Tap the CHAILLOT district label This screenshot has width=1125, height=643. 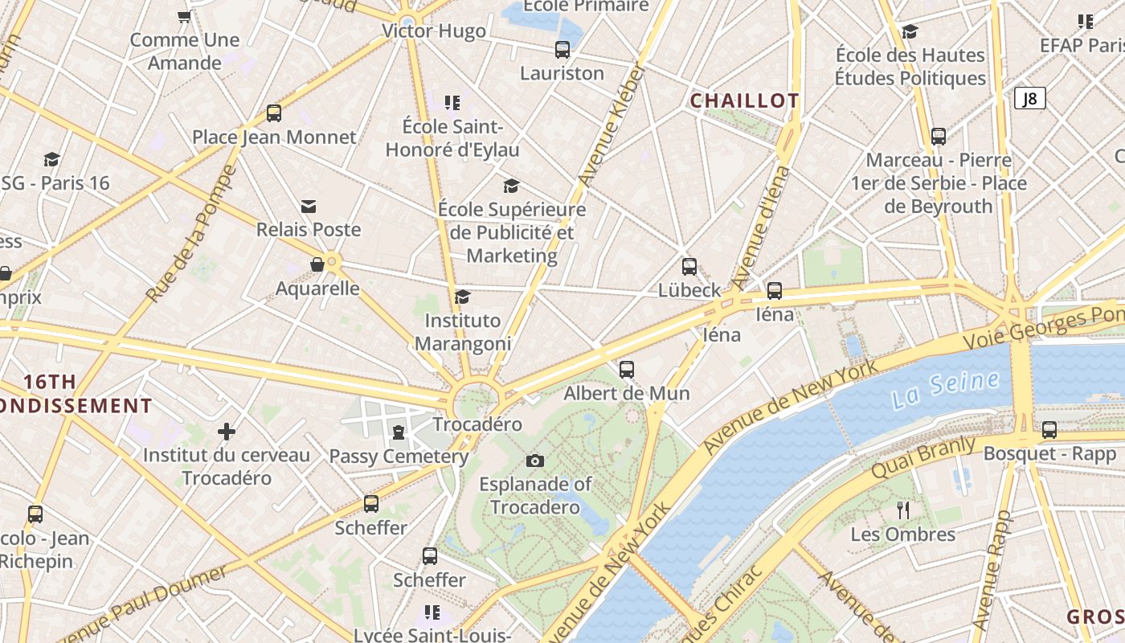(x=744, y=100)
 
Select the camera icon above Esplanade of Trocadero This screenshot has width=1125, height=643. (x=535, y=461)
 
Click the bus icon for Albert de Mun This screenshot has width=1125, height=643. (x=627, y=370)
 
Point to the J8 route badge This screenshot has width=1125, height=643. (x=1029, y=99)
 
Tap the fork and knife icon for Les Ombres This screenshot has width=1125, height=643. (x=903, y=510)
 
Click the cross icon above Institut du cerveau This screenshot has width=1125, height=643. (x=227, y=432)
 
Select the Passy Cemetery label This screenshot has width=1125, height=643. (x=399, y=457)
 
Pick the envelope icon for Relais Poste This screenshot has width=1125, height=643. (x=309, y=207)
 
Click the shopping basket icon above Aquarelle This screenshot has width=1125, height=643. (x=317, y=264)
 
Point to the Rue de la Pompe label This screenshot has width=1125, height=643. (x=191, y=234)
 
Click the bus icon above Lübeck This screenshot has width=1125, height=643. (x=689, y=267)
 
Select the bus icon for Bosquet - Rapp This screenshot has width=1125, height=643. (x=1049, y=430)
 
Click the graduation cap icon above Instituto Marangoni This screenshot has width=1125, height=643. (x=462, y=297)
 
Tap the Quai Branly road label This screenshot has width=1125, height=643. (x=924, y=457)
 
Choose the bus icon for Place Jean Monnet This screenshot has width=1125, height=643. (x=274, y=113)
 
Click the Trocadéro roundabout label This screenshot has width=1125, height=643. (x=477, y=424)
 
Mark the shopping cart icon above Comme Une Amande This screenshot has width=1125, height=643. (x=184, y=16)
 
